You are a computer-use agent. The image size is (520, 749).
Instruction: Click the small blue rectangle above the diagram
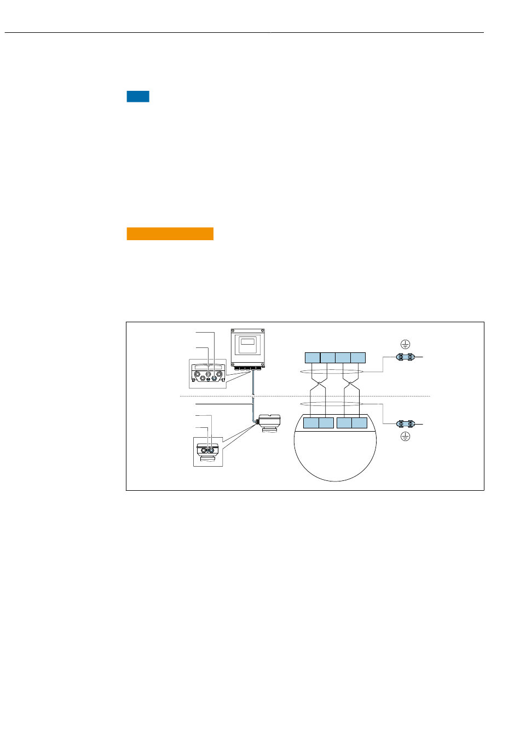pyautogui.click(x=138, y=97)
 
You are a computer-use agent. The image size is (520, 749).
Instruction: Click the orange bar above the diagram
pyautogui.click(x=170, y=234)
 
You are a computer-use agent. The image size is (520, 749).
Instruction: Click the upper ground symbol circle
pyautogui.click(x=405, y=344)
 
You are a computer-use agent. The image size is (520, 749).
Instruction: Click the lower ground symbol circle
pyautogui.click(x=405, y=437)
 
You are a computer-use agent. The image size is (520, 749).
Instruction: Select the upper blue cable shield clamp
pyautogui.click(x=406, y=358)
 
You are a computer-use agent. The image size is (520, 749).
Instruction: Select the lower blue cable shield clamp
pyautogui.click(x=406, y=424)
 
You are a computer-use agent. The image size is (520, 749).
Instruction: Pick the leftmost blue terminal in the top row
pyautogui.click(x=313, y=358)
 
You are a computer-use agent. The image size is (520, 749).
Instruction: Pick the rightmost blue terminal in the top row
pyautogui.click(x=358, y=358)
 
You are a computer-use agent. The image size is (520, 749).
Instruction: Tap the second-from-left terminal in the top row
pyautogui.click(x=328, y=358)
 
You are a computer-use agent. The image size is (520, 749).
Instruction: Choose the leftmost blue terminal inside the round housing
pyautogui.click(x=311, y=423)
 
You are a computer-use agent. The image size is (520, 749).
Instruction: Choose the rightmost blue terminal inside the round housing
pyautogui.click(x=360, y=423)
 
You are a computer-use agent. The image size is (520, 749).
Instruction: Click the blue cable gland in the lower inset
pyautogui.click(x=210, y=450)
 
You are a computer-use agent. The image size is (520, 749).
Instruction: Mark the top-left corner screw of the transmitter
pyautogui.click(x=234, y=332)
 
